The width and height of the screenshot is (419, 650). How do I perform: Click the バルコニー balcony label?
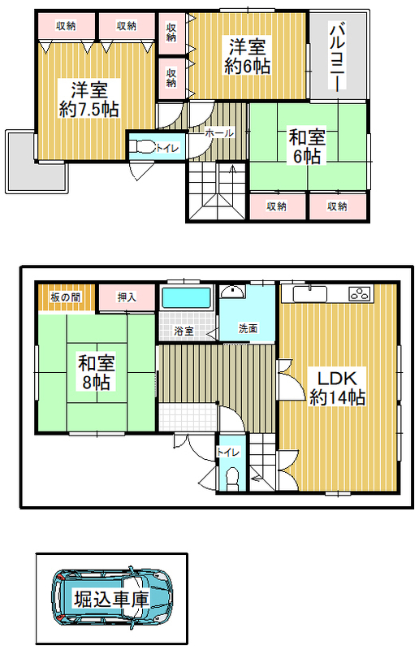coord(337,56)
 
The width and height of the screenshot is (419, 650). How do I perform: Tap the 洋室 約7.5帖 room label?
coord(89,99)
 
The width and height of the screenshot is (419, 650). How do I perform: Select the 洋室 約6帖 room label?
coord(248,56)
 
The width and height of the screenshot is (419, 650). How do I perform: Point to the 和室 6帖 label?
coord(307,146)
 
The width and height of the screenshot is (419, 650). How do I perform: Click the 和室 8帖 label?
coord(96,372)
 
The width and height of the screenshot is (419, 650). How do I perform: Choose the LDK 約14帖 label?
coord(337,388)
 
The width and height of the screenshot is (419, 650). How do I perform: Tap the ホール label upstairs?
coord(219,133)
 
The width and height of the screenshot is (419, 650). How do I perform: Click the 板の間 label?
coord(66,297)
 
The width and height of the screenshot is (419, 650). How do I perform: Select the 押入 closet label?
coord(127,297)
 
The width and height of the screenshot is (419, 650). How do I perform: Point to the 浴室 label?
coord(184,331)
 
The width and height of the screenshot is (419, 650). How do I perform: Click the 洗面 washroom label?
coord(248,329)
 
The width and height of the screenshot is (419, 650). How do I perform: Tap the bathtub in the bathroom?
coord(186,297)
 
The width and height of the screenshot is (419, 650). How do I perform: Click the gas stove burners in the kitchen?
coord(359,294)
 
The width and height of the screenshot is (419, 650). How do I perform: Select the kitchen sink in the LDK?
coord(310,294)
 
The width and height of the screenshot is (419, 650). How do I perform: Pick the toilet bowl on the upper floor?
coord(142,147)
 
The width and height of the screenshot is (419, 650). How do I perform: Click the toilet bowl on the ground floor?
coord(232,477)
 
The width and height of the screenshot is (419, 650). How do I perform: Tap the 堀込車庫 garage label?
coord(111,599)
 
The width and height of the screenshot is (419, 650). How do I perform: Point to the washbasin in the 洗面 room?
coord(231,292)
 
